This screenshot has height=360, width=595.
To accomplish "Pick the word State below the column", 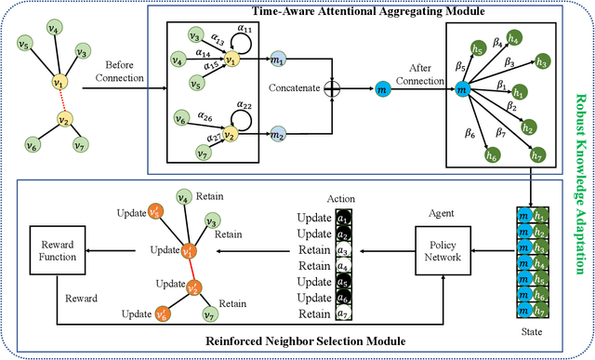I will (532, 327).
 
